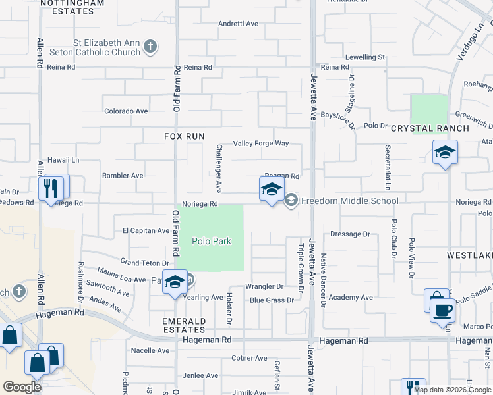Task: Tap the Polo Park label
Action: [x=212, y=241]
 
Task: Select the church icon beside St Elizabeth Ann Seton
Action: [x=150, y=47]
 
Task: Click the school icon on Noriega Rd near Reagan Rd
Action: [x=271, y=190]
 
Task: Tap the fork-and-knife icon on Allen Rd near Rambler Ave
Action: [x=50, y=189]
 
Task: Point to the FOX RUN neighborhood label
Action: [x=186, y=136]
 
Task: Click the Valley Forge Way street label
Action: [x=262, y=144]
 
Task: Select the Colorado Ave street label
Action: [x=125, y=111]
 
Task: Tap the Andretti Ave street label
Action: [x=239, y=24]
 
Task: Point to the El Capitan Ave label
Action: [x=146, y=230]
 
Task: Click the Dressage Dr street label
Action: [x=350, y=234]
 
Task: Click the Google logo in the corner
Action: [x=22, y=387]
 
